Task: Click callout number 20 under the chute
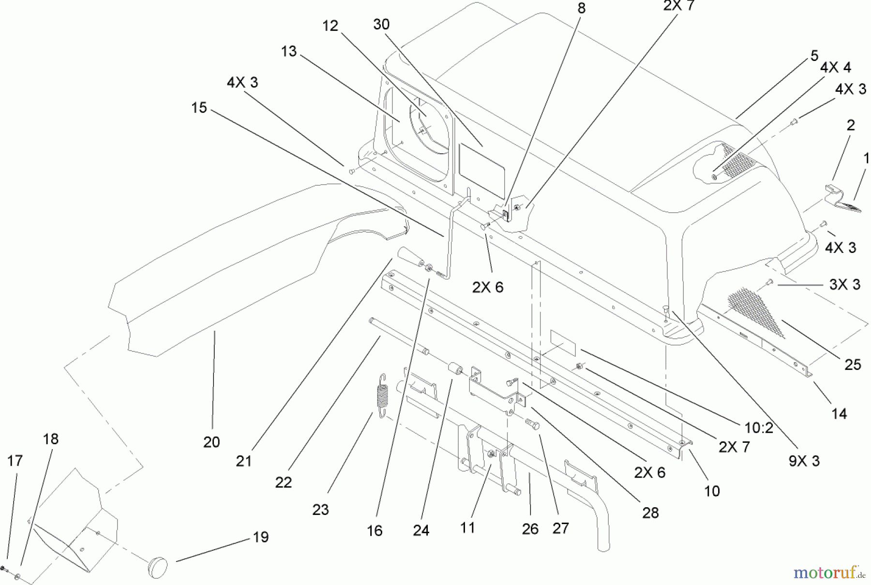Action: coord(211,442)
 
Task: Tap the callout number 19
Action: coord(261,537)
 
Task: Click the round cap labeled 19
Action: coord(157,565)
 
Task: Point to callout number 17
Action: coord(15,461)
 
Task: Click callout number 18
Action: coord(50,439)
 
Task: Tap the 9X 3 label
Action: coord(804,461)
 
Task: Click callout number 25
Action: coord(853,365)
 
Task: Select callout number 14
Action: coord(839,414)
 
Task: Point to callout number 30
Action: coord(381,24)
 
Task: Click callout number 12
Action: coord(330,26)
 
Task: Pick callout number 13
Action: coord(288,51)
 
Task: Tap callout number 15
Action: coord(199,107)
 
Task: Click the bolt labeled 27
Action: coord(533,424)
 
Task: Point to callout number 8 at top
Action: coord(581,8)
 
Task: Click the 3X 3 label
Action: coord(844,284)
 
